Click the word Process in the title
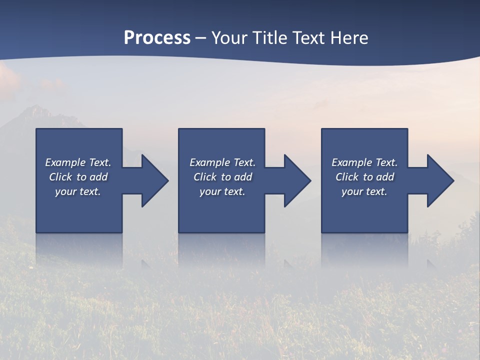click(157, 38)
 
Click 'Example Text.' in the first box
click(78, 162)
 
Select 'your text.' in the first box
click(78, 191)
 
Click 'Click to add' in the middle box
click(222, 177)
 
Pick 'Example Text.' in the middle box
click(222, 162)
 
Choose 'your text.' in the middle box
click(222, 191)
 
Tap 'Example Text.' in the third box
click(364, 162)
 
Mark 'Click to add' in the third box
click(364, 177)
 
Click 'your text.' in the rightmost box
click(364, 191)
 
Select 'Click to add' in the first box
click(78, 177)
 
